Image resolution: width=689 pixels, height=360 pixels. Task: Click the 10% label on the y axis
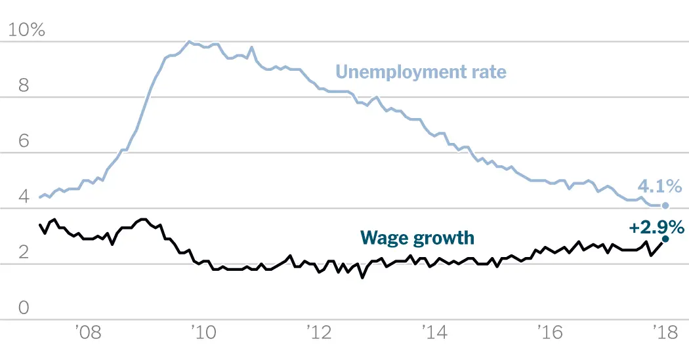tap(26, 30)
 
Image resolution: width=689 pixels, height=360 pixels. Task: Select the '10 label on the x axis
tap(203, 332)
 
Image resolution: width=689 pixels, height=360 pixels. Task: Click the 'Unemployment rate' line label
tap(421, 71)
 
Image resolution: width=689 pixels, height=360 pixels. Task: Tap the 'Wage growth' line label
tap(417, 237)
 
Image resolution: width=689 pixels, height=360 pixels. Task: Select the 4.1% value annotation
tap(659, 187)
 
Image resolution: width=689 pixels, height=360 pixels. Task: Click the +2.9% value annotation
tap(656, 228)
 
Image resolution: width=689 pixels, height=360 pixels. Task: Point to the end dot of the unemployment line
tap(667, 206)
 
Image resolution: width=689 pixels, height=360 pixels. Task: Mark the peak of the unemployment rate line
tap(190, 42)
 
